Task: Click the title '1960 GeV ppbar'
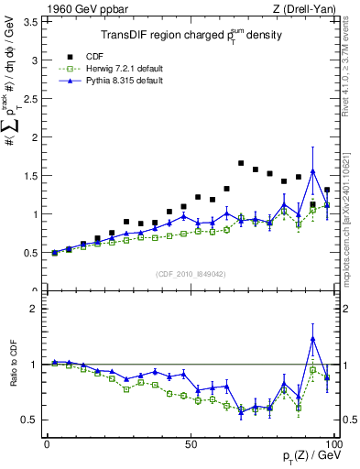tap(76, 8)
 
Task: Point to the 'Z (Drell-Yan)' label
tap(305, 8)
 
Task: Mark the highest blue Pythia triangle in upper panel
tap(313, 171)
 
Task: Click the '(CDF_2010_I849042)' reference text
tap(190, 272)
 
